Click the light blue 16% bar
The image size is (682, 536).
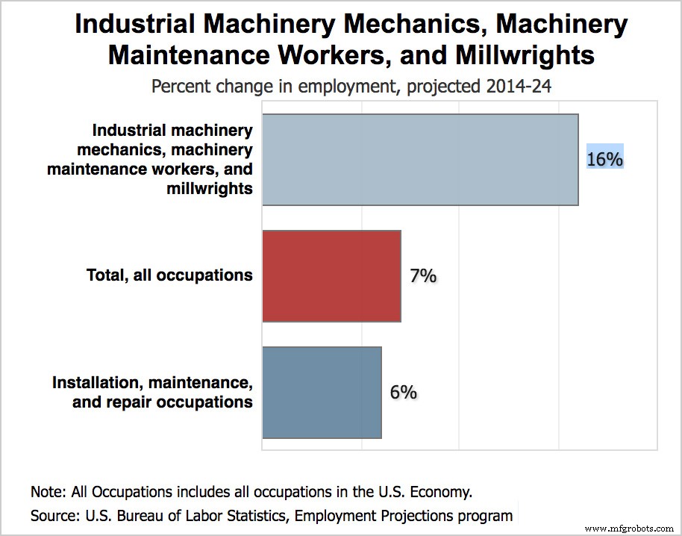420,159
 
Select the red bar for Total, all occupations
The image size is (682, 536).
331,275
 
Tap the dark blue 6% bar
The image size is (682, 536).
322,392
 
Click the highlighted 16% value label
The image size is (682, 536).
604,159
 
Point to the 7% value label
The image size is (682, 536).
422,275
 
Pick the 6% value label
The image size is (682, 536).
403,392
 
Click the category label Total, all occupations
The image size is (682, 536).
169,275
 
